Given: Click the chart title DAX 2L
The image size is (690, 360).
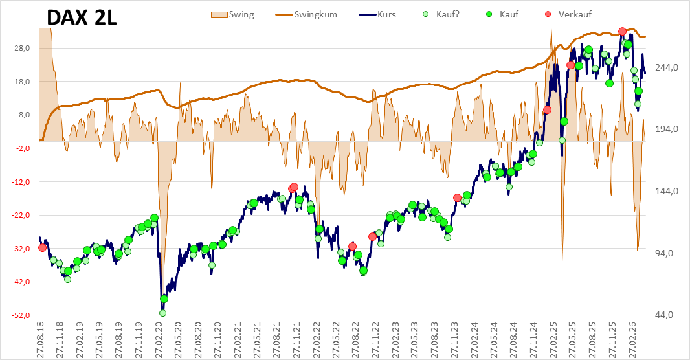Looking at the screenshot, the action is pyautogui.click(x=82, y=17).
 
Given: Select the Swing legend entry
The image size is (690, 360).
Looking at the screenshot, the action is pyautogui.click(x=233, y=14).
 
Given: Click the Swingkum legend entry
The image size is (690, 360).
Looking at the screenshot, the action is pyautogui.click(x=306, y=14).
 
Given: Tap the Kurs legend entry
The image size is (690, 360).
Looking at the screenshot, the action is pyautogui.click(x=377, y=14).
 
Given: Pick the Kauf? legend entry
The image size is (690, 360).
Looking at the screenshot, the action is pyautogui.click(x=441, y=14).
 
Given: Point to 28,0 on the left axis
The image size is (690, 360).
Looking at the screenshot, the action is pyautogui.click(x=23, y=48).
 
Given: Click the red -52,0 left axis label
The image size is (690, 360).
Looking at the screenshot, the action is pyautogui.click(x=21, y=315).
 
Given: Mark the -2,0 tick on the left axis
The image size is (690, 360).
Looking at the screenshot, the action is pyautogui.click(x=22, y=148).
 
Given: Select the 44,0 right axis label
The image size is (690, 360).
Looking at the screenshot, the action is pyautogui.click(x=663, y=315).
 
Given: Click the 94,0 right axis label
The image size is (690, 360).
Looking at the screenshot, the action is pyautogui.click(x=663, y=253).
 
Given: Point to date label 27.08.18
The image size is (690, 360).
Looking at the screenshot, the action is pyautogui.click(x=39, y=337).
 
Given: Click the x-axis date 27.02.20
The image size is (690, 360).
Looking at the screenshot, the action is pyautogui.click(x=159, y=337).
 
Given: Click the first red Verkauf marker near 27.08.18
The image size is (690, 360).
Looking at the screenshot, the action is pyautogui.click(x=42, y=248).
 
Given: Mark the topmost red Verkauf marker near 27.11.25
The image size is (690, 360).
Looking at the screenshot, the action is pyautogui.click(x=622, y=31).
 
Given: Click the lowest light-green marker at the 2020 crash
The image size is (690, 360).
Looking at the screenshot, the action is pyautogui.click(x=162, y=313).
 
